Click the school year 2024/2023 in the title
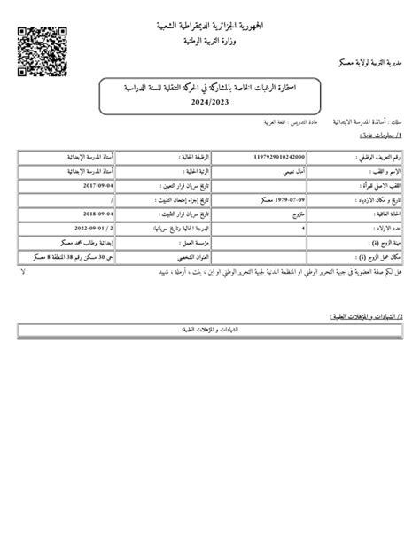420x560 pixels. (211, 102)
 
